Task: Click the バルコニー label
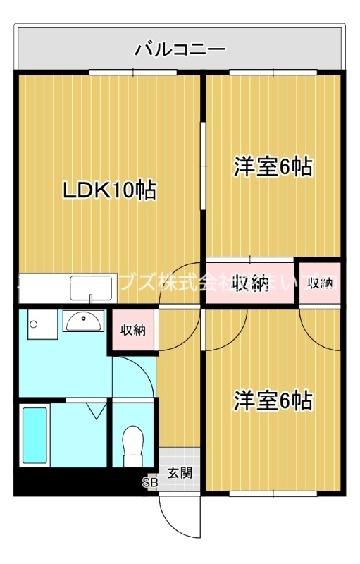(x=180, y=50)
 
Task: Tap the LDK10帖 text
(x=109, y=190)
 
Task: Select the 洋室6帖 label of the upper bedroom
(x=273, y=167)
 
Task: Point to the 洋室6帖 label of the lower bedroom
(x=273, y=400)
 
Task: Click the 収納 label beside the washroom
(x=132, y=330)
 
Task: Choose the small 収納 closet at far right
(x=321, y=283)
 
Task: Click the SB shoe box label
(x=150, y=483)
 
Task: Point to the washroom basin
(x=83, y=321)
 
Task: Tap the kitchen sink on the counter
(x=92, y=289)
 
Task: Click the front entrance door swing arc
(x=176, y=518)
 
